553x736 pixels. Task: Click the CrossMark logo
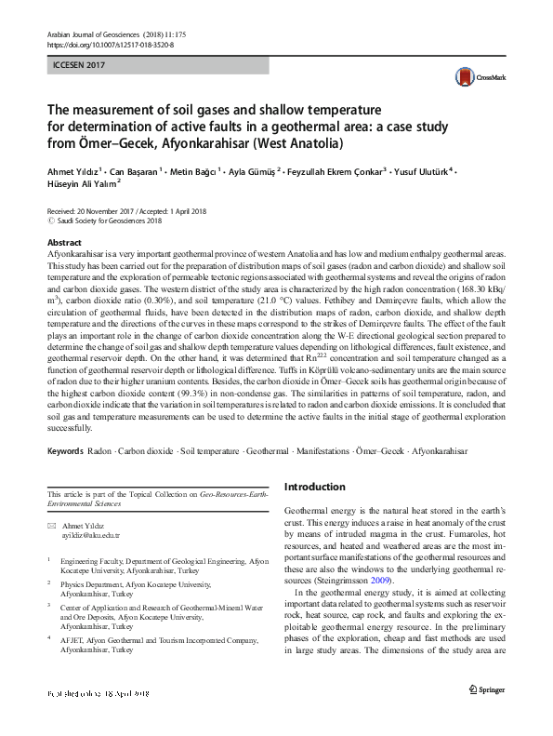[x=476, y=77]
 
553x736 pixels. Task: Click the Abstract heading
[x=62, y=242]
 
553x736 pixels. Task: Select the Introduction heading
[x=314, y=487]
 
